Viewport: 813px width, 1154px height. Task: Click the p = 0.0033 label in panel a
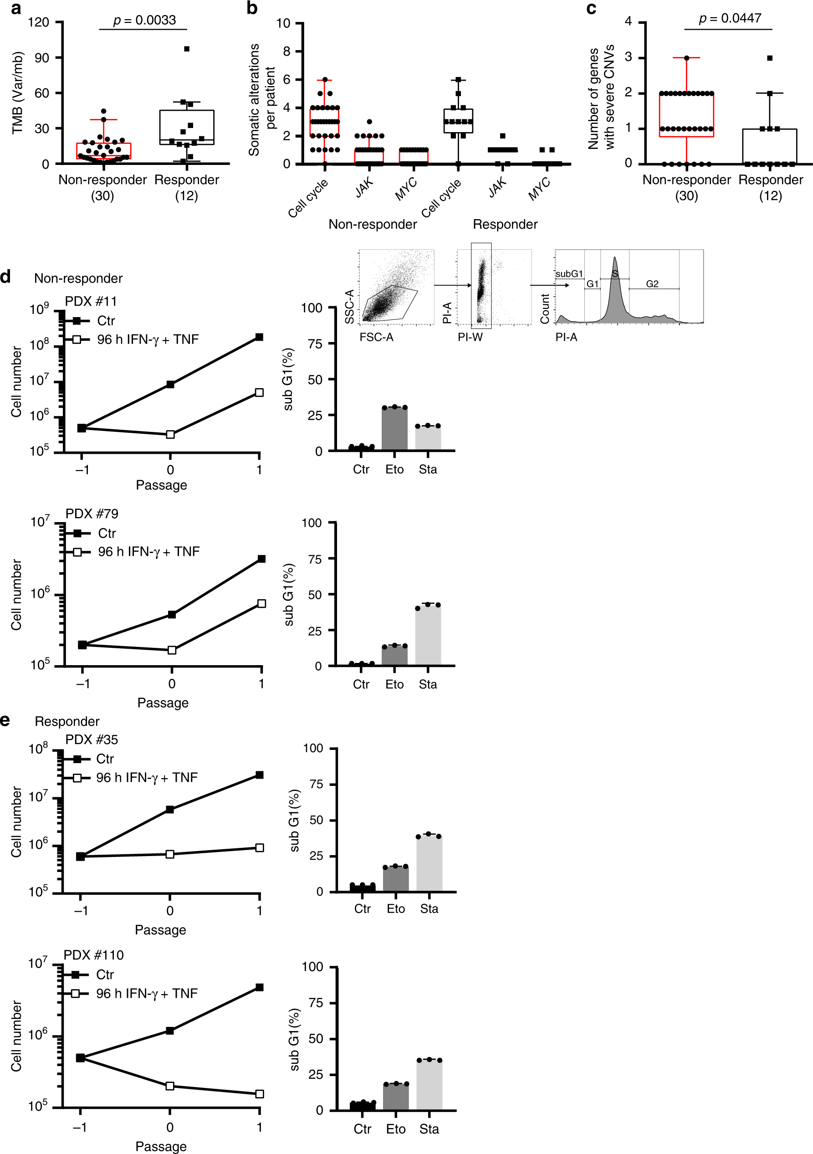coord(144,20)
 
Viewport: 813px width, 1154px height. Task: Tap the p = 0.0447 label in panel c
coord(730,19)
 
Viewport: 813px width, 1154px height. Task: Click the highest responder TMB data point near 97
coord(186,49)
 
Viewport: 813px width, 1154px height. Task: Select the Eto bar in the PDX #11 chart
coord(394,428)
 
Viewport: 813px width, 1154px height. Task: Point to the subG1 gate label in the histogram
coord(569,274)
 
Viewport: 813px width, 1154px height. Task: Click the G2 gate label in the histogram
coord(652,284)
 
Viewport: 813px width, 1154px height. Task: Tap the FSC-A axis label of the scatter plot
coord(376,337)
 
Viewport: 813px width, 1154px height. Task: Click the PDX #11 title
coord(91,301)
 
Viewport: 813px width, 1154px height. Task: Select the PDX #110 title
coord(93,955)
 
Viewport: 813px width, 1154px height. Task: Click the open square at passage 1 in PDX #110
coord(259,1094)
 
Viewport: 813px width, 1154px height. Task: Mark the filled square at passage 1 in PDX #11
coord(259,337)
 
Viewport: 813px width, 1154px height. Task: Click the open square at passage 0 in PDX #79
coord(172,650)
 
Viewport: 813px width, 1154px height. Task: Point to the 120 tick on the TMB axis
coord(39,22)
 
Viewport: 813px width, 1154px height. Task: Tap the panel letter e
coord(5,720)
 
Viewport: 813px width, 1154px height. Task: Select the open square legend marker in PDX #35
coord(77,778)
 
